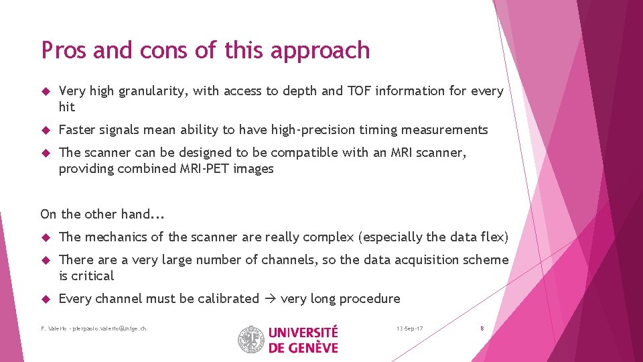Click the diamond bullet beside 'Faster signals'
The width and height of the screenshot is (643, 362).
coord(45,130)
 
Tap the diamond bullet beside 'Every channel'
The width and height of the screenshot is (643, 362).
coord(45,299)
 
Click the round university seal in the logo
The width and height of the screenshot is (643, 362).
coord(251,339)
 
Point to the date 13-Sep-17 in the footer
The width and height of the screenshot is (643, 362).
coord(409,328)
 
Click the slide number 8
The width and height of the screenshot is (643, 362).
coord(482,328)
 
